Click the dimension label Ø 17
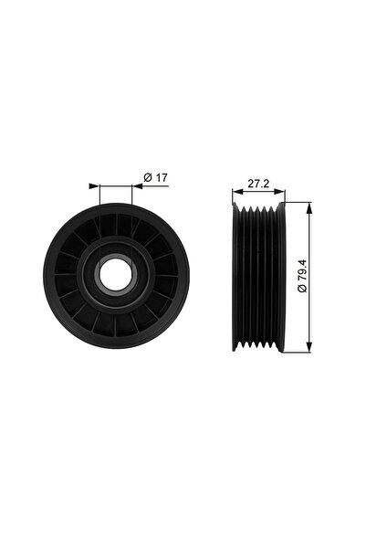pyautogui.click(x=156, y=178)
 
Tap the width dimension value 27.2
pyautogui.click(x=258, y=184)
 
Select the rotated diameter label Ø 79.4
pyautogui.click(x=302, y=276)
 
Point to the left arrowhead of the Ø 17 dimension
pyautogui.click(x=95, y=186)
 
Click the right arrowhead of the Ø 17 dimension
pyautogui.click(x=138, y=186)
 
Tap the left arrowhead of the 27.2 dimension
pyautogui.click(x=238, y=191)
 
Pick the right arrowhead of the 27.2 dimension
pyautogui.click(x=279, y=191)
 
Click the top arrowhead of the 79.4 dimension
pyautogui.click(x=308, y=208)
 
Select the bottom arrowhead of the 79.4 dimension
pyautogui.click(x=308, y=346)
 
